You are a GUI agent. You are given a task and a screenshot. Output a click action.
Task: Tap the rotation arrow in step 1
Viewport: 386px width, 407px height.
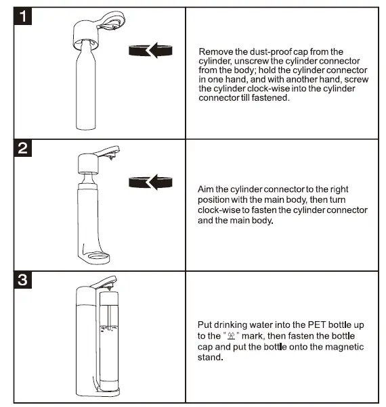149,51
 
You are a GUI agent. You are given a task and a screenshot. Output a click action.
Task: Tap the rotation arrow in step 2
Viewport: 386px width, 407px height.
149,181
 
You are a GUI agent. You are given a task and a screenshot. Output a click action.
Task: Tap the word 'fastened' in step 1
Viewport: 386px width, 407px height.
272,97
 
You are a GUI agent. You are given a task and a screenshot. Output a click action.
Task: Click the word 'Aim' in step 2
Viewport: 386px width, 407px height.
206,190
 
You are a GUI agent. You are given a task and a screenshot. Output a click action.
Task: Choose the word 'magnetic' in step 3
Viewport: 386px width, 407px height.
346,347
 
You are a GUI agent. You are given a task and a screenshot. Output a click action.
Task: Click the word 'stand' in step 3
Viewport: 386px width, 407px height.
209,358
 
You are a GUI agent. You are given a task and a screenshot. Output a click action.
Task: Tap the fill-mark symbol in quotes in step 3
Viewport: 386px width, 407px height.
231,336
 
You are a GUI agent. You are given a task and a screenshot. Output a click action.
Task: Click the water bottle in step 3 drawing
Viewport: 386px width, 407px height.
108,338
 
